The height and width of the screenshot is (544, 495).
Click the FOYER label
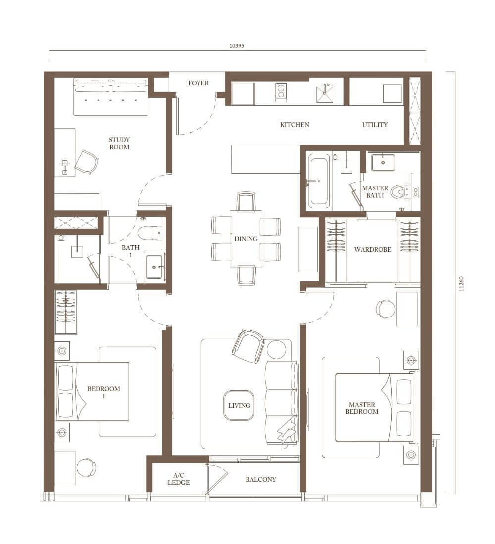tap(198, 83)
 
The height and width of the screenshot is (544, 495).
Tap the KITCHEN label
tap(295, 125)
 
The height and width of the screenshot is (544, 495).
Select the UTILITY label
tap(375, 125)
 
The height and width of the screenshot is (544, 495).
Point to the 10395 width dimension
tap(237, 45)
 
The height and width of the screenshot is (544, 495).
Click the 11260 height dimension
tap(461, 283)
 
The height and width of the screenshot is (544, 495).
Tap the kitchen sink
tap(324, 93)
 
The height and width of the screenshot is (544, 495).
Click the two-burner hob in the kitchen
tap(281, 92)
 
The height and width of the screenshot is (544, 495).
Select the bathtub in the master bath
tap(319, 181)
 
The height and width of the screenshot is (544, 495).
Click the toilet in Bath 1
tap(149, 232)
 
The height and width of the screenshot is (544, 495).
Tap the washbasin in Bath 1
tap(154, 267)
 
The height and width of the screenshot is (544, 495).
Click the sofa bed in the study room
tap(111, 97)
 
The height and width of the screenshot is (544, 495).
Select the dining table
tap(246, 238)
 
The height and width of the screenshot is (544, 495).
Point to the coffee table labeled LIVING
tap(239, 405)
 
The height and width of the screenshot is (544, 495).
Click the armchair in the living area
tap(248, 346)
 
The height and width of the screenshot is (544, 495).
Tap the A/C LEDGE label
tap(179, 479)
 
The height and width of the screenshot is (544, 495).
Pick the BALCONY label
tap(260, 480)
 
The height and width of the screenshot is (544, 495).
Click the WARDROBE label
tap(372, 249)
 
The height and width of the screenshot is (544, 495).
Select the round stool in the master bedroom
tap(386, 309)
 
